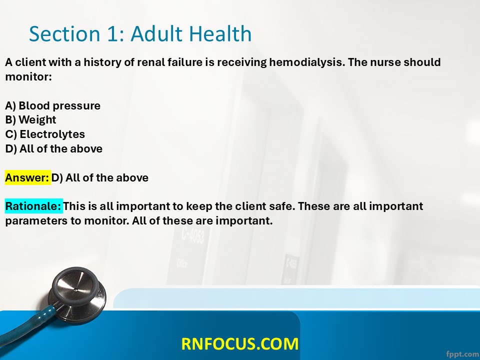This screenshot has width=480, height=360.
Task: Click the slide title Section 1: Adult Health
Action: tap(140, 33)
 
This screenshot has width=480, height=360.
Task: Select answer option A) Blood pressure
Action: tap(52, 105)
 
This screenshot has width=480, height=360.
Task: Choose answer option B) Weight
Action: tap(30, 119)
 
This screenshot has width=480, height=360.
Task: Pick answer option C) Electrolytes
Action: tap(45, 134)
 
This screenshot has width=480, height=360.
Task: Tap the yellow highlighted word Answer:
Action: tap(27, 177)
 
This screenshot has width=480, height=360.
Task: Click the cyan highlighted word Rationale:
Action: tap(33, 206)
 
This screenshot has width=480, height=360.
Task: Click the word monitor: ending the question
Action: tap(28, 76)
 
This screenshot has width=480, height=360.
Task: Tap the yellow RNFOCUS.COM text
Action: tap(239, 343)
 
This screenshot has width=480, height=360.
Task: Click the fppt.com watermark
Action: tap(462, 354)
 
